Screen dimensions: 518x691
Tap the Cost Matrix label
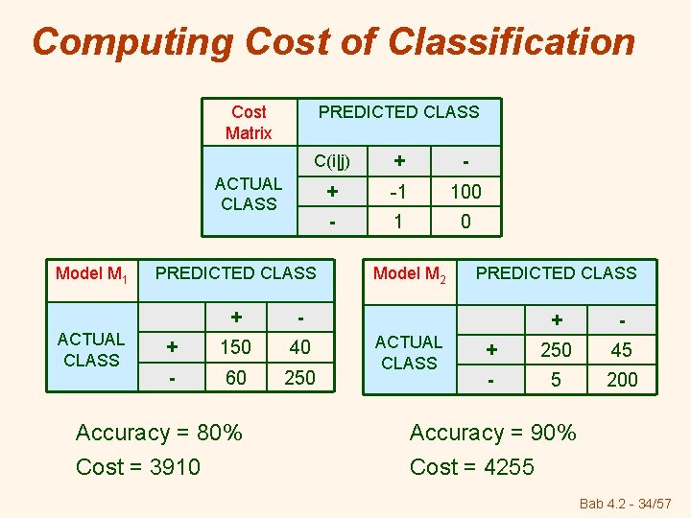coord(249,123)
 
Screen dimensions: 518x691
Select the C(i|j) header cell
coord(332,160)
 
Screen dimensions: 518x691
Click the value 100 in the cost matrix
coord(465,192)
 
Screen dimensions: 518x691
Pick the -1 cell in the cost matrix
coord(396,192)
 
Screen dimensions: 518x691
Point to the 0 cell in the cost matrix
coord(465,222)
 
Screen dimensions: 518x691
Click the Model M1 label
coord(92,274)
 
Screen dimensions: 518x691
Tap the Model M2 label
coord(410,274)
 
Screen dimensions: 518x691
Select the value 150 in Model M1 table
coord(234,347)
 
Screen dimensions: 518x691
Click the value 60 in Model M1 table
coord(234,378)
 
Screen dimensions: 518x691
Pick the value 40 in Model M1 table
coord(299,347)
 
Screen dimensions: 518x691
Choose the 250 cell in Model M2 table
coord(556,350)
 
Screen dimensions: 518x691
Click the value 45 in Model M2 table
coord(622,350)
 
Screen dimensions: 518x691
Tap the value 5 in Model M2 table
coord(556,380)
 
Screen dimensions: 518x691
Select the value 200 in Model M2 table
coord(622,380)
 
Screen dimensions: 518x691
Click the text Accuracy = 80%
coord(158,433)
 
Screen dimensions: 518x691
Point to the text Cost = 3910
coord(138,467)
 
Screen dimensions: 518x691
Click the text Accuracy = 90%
coord(493,433)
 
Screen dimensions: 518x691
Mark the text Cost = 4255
coord(472,467)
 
